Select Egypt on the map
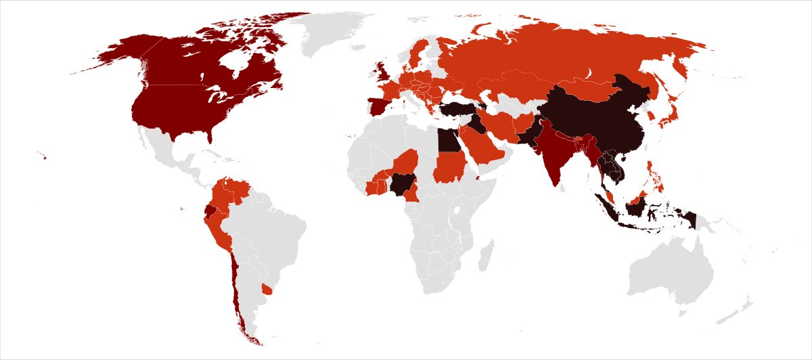tap(446, 141)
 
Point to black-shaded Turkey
tap(460, 109)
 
